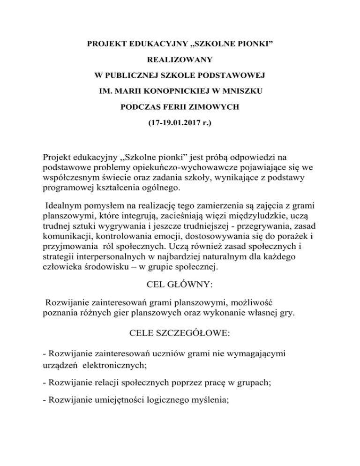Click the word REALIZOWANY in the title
pos(180,60)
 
